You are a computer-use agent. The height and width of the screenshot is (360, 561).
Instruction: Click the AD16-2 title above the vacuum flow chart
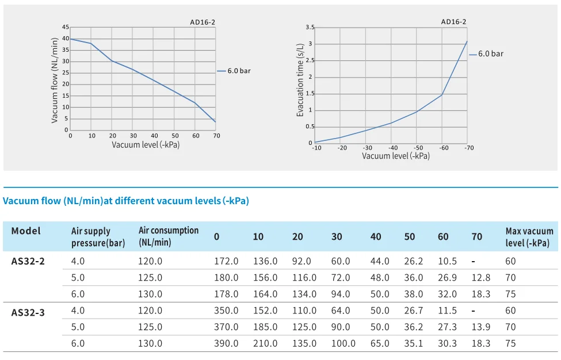(x=203, y=22)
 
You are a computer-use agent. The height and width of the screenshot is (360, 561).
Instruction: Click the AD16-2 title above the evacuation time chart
(x=453, y=22)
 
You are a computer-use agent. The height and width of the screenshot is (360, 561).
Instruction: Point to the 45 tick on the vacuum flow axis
(x=66, y=27)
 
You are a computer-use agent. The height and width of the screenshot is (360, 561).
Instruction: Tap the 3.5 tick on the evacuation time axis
(x=310, y=28)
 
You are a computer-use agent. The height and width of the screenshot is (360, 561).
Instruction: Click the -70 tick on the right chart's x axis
(x=470, y=148)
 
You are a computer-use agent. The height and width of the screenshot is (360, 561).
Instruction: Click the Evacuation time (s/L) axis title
(x=300, y=81)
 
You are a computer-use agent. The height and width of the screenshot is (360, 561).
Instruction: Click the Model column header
(x=26, y=231)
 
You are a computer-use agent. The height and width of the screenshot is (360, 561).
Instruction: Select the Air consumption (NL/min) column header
(x=168, y=236)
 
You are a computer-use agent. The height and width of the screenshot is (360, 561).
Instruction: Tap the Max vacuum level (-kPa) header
(x=529, y=237)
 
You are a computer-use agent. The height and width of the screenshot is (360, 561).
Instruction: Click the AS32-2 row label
(x=28, y=261)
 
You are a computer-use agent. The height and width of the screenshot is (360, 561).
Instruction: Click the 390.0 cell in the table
(x=226, y=343)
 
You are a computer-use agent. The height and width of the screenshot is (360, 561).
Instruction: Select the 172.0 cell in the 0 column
(x=226, y=261)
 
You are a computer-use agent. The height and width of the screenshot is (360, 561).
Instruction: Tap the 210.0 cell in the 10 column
(x=265, y=343)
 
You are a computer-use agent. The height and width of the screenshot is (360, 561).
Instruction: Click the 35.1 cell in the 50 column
(x=413, y=343)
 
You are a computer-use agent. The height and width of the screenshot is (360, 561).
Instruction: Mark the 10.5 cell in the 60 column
(x=447, y=261)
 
